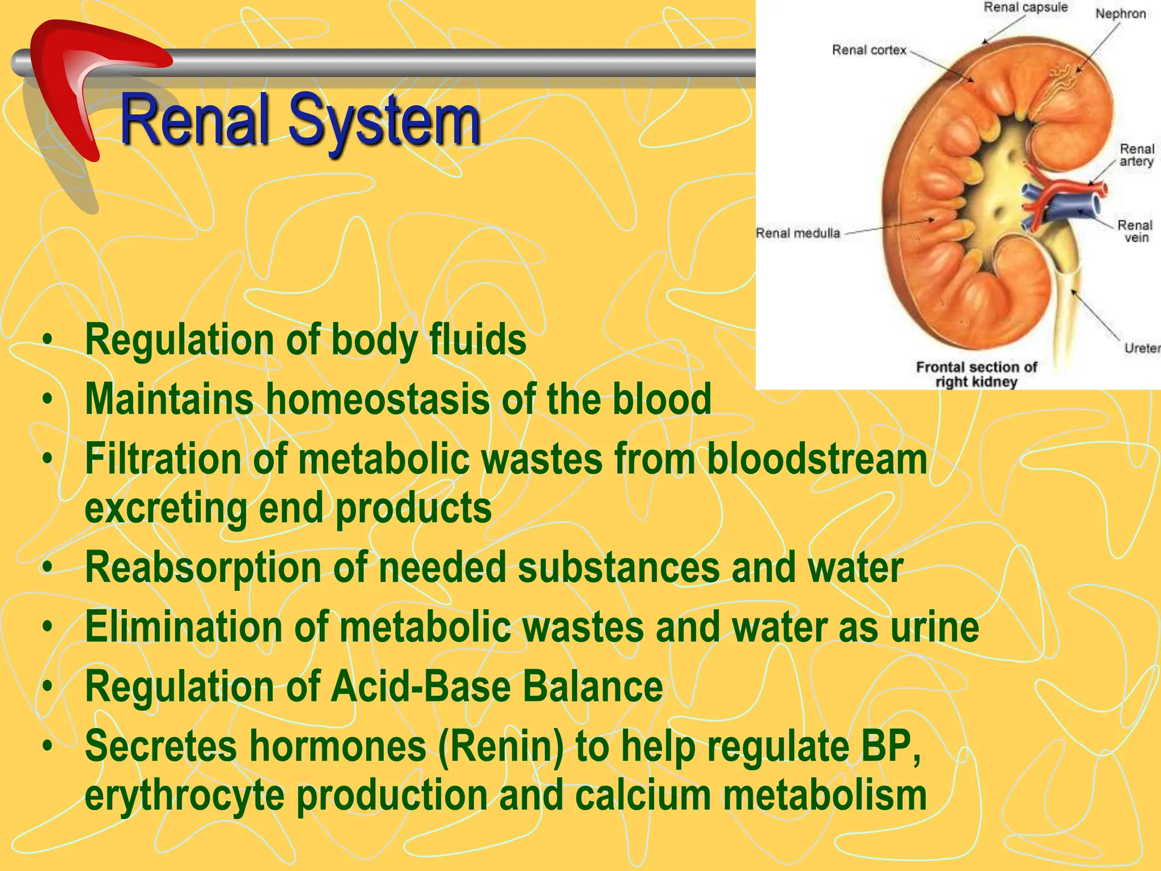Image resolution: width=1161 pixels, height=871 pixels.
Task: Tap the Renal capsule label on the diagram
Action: tap(1026, 7)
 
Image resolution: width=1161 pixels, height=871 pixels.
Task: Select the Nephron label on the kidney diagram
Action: tap(1120, 14)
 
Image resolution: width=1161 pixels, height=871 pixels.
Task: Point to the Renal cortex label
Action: tap(869, 50)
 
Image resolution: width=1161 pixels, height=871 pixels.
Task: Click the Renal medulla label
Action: tap(798, 233)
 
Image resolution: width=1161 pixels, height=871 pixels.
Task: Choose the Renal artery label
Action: tap(1136, 155)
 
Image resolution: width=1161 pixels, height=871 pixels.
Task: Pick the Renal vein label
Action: tap(1135, 231)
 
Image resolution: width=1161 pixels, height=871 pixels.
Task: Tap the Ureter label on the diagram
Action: tap(1141, 348)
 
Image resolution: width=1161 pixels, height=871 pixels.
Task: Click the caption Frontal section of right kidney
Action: tap(976, 374)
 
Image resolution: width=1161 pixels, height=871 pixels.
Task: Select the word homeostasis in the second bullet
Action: tap(378, 399)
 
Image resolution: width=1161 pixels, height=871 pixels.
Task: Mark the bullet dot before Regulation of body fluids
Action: tap(48, 340)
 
